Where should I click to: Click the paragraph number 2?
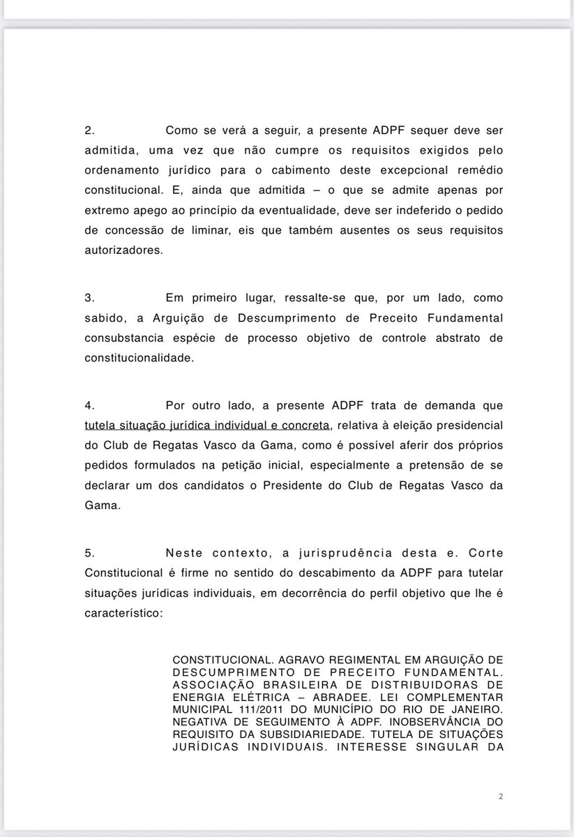(x=89, y=130)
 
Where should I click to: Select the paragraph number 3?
(x=89, y=297)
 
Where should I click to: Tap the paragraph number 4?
(x=89, y=405)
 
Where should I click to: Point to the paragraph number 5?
(x=89, y=553)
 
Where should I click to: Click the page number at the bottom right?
(x=501, y=796)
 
